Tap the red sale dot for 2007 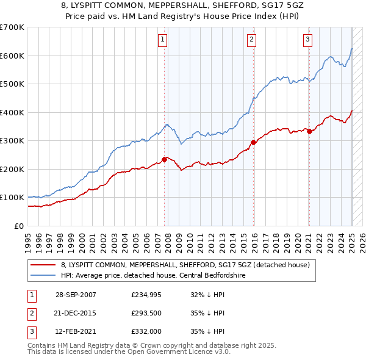(165, 159)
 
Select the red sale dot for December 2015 (254, 143)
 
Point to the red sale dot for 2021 (309, 131)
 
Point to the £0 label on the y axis (19, 226)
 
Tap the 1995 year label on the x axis (28, 240)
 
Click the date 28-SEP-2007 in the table (76, 294)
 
